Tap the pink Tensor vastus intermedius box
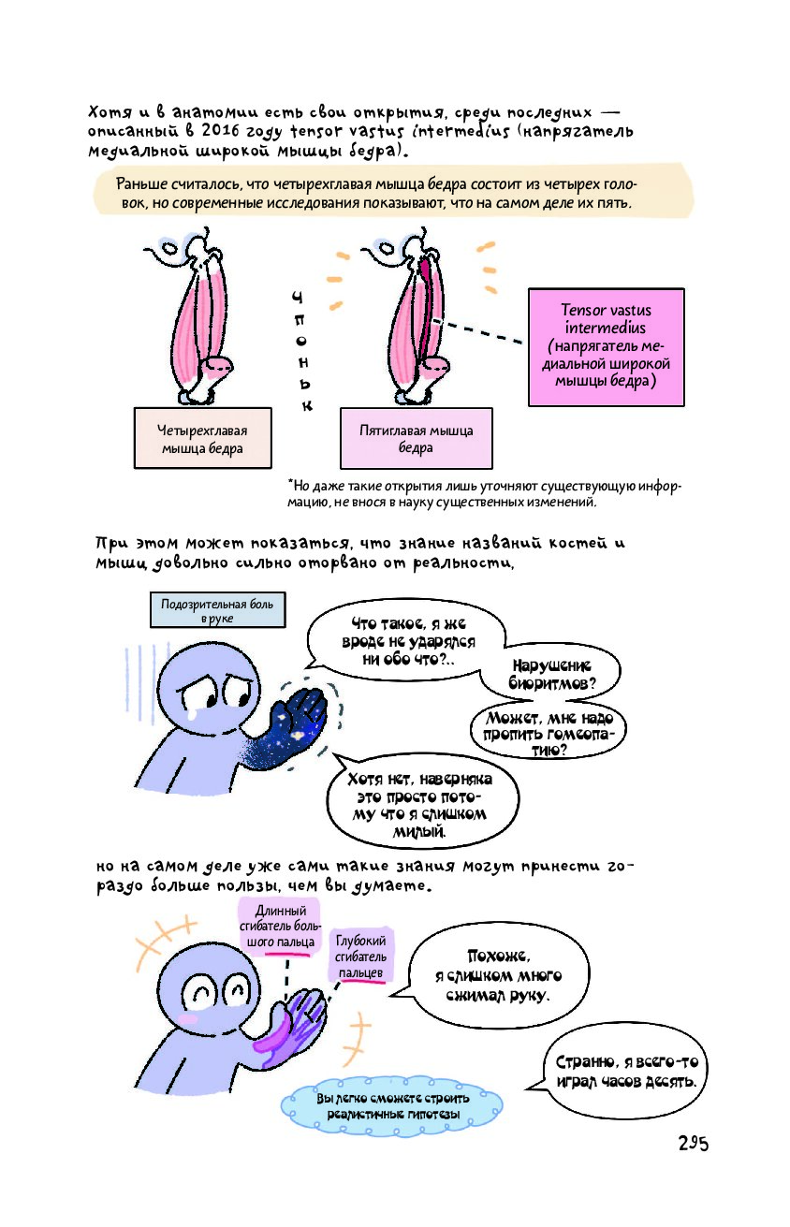pyautogui.click(x=606, y=346)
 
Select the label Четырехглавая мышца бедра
pyautogui.click(x=202, y=439)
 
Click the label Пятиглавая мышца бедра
pyautogui.click(x=416, y=439)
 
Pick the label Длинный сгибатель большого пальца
pyautogui.click(x=279, y=927)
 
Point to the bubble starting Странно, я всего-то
pyautogui.click(x=625, y=1071)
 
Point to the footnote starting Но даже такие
pyautogui.click(x=487, y=494)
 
